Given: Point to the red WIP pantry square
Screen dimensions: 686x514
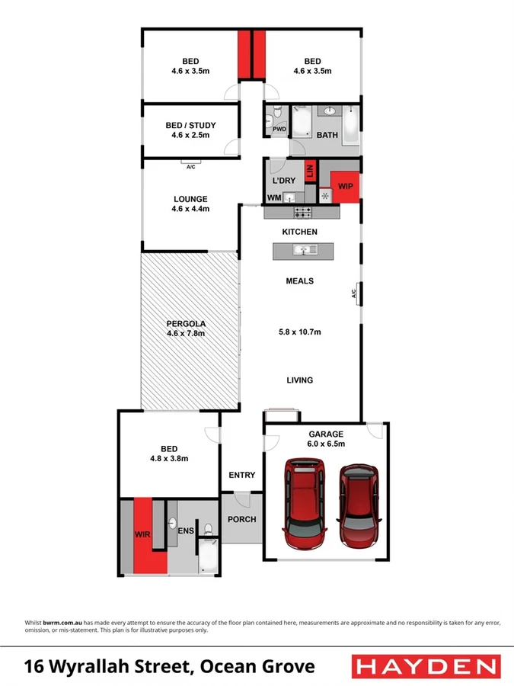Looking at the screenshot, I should tap(345, 185).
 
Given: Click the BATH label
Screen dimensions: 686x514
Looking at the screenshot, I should tap(327, 135).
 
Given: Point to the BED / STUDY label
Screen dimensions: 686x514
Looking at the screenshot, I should tap(190, 126).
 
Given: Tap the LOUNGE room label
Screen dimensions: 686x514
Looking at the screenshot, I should tap(190, 200).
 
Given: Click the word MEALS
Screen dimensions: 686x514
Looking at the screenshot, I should tap(299, 281).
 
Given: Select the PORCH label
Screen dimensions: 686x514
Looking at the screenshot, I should tap(241, 520).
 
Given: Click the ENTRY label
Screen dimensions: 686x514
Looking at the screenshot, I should tap(242, 475).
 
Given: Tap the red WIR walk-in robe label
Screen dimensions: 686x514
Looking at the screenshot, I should tap(143, 535).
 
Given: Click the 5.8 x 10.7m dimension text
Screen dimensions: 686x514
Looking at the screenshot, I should tap(299, 332).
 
